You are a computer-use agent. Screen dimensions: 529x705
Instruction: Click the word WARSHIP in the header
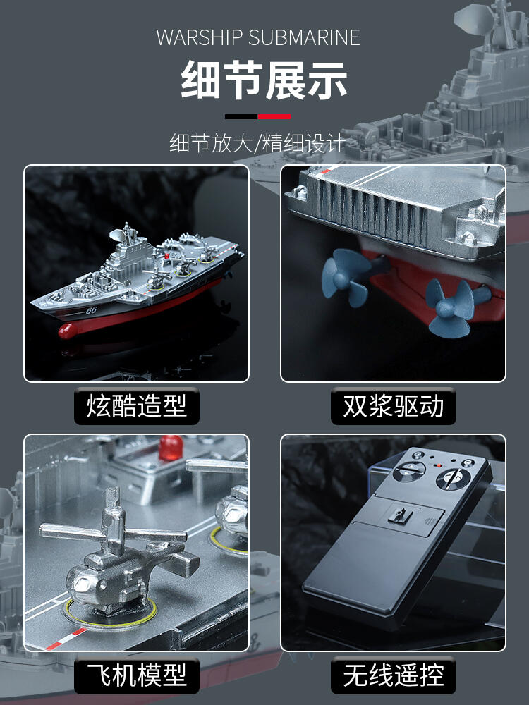pyautogui.click(x=200, y=37)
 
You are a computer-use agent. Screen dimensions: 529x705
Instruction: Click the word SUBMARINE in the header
pyautogui.click(x=305, y=37)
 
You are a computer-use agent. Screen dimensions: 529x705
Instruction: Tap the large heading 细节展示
pyautogui.click(x=264, y=80)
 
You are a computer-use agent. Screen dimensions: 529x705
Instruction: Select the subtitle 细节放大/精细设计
pyautogui.click(x=257, y=143)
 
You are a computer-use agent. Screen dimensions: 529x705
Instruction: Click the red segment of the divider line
pyautogui.click(x=274, y=117)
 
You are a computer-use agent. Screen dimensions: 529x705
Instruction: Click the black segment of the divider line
pyautogui.click(x=241, y=117)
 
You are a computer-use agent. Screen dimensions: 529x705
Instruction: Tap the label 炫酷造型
pyautogui.click(x=137, y=405)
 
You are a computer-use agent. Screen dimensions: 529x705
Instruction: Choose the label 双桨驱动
pyautogui.click(x=393, y=405)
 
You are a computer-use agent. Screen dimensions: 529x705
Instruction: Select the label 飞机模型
pyautogui.click(x=137, y=675)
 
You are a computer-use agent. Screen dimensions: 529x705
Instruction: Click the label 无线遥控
pyautogui.click(x=393, y=675)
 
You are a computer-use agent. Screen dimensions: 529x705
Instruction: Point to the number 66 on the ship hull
pyautogui.click(x=91, y=310)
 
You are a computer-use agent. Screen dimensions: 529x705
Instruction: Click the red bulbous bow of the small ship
pyautogui.click(x=68, y=331)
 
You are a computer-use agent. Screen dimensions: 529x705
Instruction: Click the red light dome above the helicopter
pyautogui.click(x=171, y=447)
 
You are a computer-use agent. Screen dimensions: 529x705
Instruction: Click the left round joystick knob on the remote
pyautogui.click(x=409, y=471)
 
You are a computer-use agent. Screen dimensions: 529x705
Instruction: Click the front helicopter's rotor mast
pyautogui.click(x=114, y=522)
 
